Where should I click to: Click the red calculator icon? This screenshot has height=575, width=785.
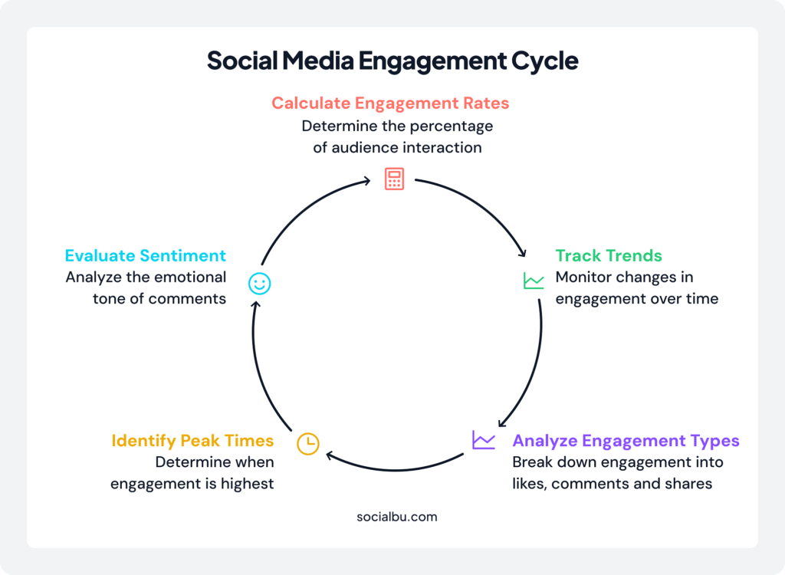coord(394,179)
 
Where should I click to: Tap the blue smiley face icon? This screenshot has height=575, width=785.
coord(259,284)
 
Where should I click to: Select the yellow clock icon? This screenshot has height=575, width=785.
coord(307,443)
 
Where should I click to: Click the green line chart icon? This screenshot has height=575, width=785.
coord(534,281)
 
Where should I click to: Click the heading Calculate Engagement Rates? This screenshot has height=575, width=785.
coord(390,103)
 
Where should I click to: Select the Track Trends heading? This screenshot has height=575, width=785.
coord(609,255)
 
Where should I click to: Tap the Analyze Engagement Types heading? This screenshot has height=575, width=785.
coord(626,441)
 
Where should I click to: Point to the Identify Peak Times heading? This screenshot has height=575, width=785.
coord(192,441)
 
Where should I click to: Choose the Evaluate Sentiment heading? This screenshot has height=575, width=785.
coord(145,255)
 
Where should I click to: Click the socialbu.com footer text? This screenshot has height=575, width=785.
coord(397,516)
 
